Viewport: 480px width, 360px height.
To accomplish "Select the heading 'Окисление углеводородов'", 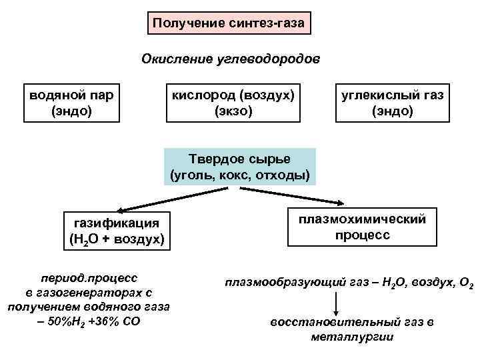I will click(x=231, y=59).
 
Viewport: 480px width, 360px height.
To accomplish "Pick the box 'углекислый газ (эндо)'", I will click(x=393, y=103).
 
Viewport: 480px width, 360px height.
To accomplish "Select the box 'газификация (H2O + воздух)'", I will click(x=116, y=230).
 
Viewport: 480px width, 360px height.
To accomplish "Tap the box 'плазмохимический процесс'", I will click(x=363, y=227).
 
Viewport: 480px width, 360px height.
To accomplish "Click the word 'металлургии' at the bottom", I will click(x=352, y=336).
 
